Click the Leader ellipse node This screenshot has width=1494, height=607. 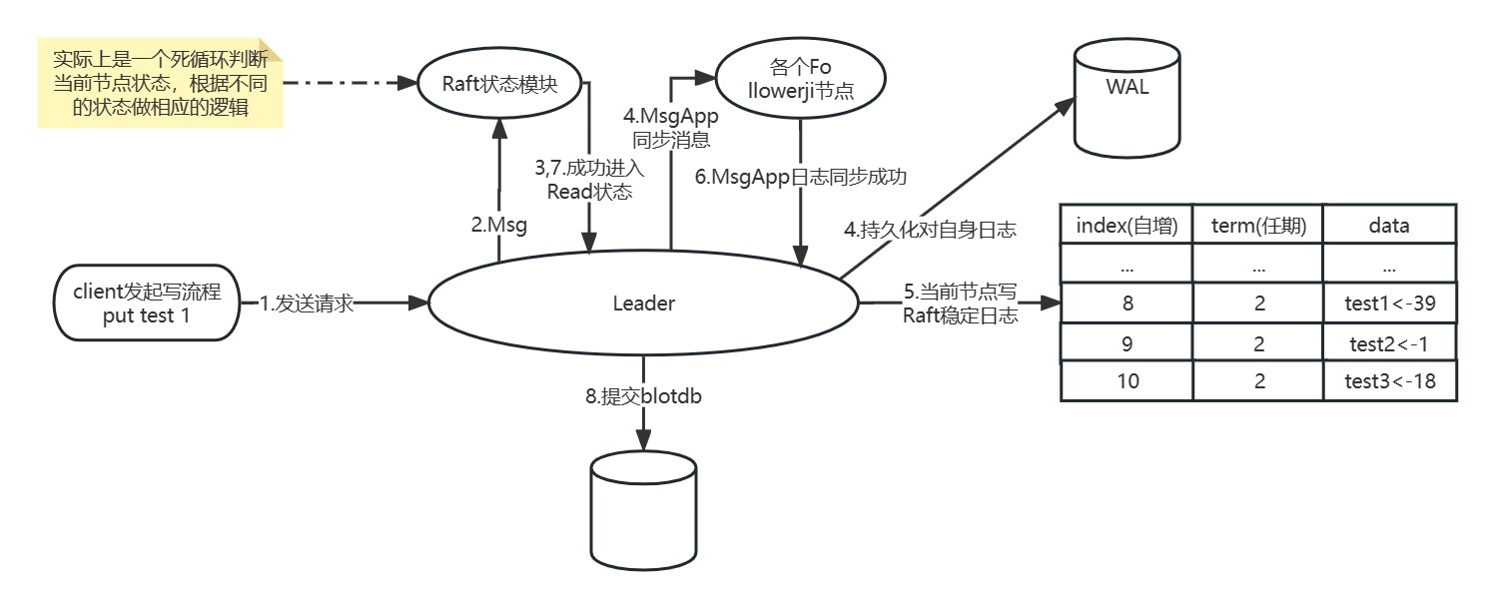(x=643, y=303)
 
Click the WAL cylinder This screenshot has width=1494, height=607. (x=1127, y=97)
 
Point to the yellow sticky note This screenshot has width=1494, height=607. (x=160, y=85)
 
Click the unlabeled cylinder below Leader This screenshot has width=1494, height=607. (x=643, y=509)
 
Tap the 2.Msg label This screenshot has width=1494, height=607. (x=498, y=226)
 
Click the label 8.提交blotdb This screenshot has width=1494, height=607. (x=643, y=396)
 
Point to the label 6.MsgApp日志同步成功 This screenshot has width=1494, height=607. (x=801, y=177)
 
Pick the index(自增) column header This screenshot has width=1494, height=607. (x=1126, y=226)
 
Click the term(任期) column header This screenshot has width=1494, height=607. (x=1258, y=226)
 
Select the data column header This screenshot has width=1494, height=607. (x=1389, y=226)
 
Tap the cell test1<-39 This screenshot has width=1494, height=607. (x=1389, y=304)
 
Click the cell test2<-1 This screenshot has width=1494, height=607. (x=1389, y=343)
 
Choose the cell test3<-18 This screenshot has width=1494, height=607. (x=1389, y=381)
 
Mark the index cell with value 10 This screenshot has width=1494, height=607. (x=1126, y=381)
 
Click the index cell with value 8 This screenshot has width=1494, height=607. (x=1126, y=304)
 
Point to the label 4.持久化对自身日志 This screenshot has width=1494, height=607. (x=930, y=230)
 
